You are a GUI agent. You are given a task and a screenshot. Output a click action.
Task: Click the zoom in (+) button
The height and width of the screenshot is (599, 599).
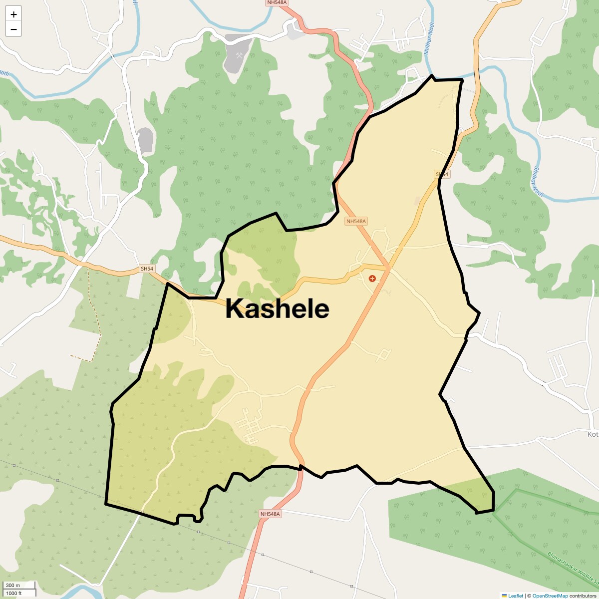click(x=13, y=14)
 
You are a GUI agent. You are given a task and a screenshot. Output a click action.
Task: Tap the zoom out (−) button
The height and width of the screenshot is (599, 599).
click(x=13, y=29)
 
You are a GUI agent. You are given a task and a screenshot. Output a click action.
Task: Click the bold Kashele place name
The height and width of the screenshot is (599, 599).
click(x=277, y=309)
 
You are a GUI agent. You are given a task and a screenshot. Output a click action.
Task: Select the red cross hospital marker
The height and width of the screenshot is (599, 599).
click(x=372, y=279)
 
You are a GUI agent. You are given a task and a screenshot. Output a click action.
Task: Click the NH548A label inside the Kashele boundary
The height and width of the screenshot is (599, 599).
click(x=356, y=221)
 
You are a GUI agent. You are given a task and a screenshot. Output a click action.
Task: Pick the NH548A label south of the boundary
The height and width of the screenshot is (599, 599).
click(x=271, y=514)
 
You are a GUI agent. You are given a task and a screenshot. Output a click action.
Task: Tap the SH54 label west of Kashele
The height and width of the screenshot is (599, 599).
click(x=147, y=269)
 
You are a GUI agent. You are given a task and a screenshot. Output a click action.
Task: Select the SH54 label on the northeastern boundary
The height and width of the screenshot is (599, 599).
click(x=442, y=174)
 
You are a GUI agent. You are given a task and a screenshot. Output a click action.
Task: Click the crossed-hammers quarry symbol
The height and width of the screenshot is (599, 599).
click(x=240, y=55)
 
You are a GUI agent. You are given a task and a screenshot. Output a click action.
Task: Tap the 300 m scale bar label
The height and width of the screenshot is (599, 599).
click(x=13, y=586)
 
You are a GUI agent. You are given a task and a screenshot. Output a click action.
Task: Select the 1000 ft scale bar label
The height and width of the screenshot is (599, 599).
click(x=14, y=593)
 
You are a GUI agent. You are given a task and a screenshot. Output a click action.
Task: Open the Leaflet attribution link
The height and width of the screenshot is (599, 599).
click(x=516, y=596)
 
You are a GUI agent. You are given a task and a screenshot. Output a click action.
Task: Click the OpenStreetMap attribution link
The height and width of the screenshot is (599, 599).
click(x=550, y=596)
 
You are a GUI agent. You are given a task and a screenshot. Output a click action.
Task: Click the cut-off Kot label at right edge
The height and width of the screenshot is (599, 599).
click(x=593, y=434)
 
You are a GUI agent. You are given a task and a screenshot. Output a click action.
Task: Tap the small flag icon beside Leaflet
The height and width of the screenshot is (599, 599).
click(x=505, y=596)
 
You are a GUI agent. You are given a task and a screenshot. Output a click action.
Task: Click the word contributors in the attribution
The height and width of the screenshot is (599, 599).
click(x=583, y=596)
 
